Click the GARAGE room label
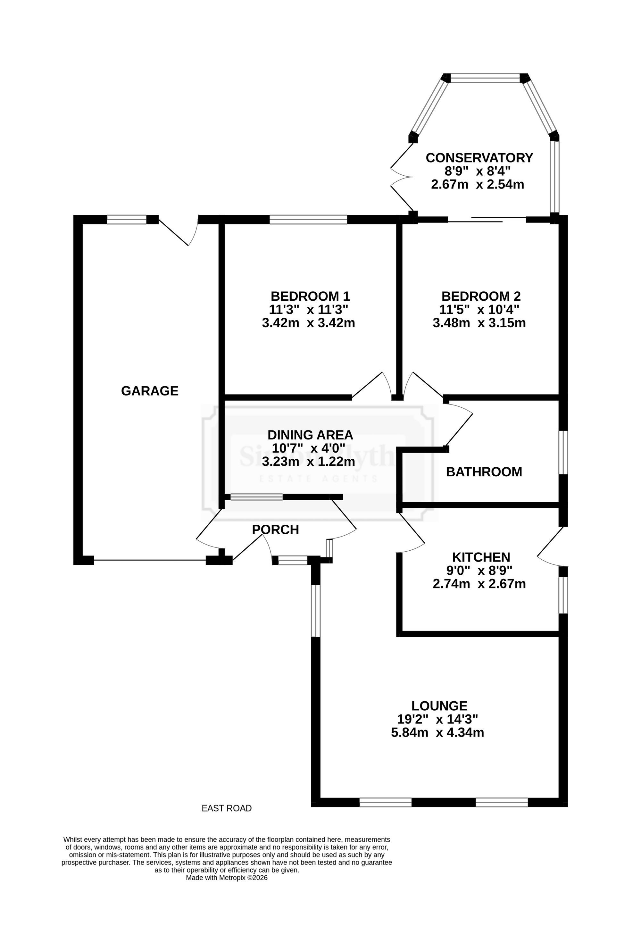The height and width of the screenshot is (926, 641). pyautogui.click(x=150, y=391)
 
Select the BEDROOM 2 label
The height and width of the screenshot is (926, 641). pyautogui.click(x=481, y=296)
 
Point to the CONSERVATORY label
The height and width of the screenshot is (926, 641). pyautogui.click(x=479, y=158)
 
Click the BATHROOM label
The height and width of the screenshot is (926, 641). pyautogui.click(x=484, y=472)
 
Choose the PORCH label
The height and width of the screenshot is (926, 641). pyautogui.click(x=276, y=530)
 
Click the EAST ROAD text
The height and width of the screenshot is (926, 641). pyautogui.click(x=227, y=808)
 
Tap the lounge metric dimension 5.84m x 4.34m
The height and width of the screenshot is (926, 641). pyautogui.click(x=437, y=732)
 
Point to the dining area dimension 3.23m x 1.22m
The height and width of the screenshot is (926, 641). pyautogui.click(x=308, y=461)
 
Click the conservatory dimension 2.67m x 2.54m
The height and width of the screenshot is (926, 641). pyautogui.click(x=478, y=184)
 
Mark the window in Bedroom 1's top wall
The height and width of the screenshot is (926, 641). pyautogui.click(x=308, y=220)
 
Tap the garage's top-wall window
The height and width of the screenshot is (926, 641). pyautogui.click(x=127, y=220)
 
